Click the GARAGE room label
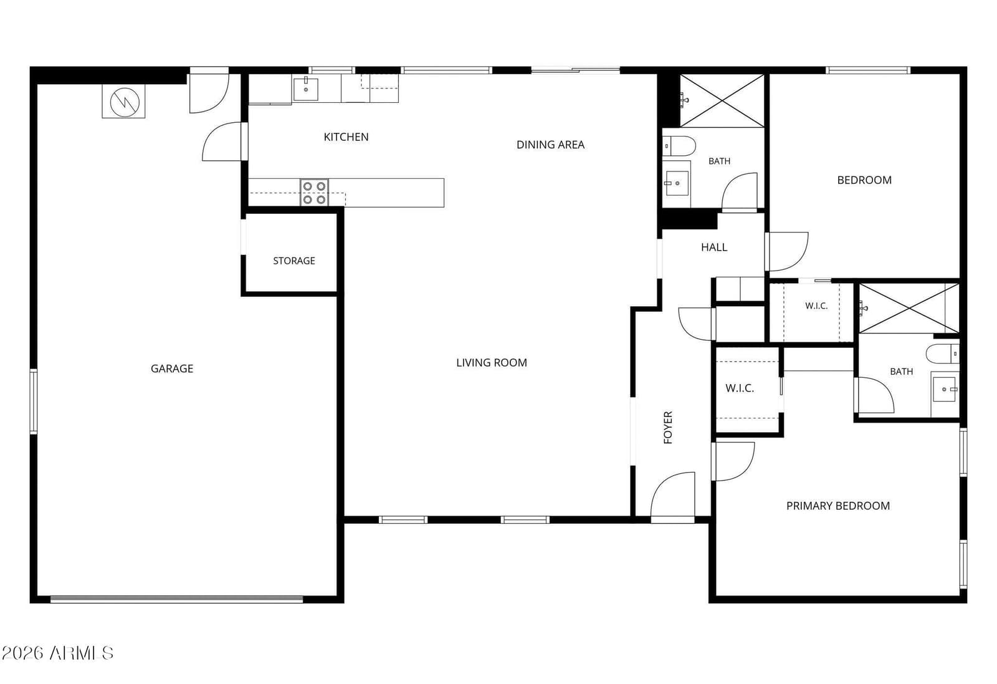172,368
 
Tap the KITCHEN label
346,137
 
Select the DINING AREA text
550,145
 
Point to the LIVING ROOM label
492,363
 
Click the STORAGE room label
293,261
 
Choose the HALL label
714,248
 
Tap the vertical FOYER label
667,428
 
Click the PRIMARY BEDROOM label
837,506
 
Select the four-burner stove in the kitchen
314,193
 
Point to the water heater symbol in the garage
124,102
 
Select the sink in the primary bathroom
945,389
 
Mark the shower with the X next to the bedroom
722,100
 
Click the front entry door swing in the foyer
672,494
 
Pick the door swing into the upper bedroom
786,252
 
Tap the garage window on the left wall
34,401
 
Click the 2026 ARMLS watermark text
57,653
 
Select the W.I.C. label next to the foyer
740,388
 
